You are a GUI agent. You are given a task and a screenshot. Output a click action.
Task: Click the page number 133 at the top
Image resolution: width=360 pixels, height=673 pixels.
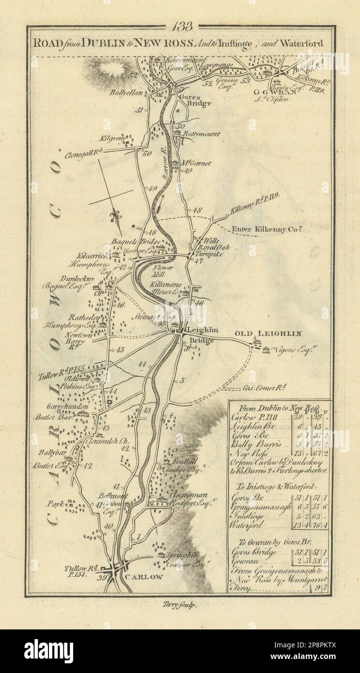click(x=182, y=26)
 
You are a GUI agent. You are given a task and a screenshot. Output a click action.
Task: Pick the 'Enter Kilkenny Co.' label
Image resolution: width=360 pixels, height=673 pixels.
click(x=260, y=229)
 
